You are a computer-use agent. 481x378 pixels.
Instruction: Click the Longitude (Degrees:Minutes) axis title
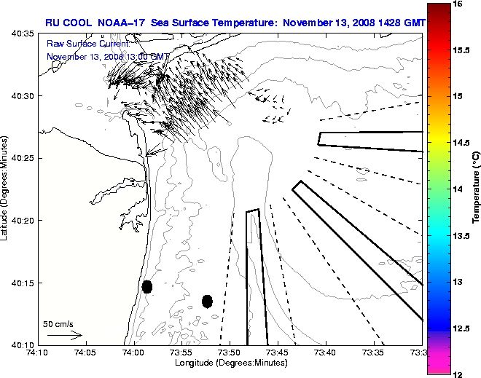pos(230,362)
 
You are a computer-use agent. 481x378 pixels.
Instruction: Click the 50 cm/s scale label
pos(58,323)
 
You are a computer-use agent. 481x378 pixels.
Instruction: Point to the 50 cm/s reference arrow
pos(64,336)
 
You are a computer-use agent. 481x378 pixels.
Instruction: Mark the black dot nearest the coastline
pos(147,286)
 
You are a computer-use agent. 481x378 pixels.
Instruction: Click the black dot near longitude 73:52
pos(207,301)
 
